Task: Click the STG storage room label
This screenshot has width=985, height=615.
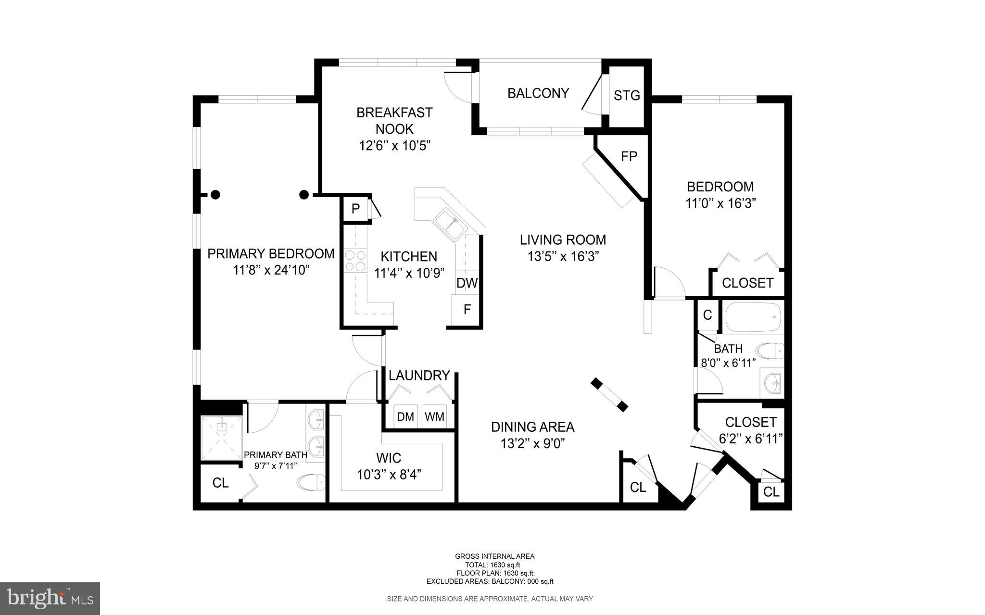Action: tap(627, 96)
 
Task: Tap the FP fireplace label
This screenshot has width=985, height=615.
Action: tap(629, 157)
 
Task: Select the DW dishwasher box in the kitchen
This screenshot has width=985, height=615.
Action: tap(467, 283)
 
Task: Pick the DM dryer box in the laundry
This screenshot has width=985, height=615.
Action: tap(405, 416)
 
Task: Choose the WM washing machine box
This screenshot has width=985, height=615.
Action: tap(434, 416)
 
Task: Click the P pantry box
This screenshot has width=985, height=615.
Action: tap(355, 209)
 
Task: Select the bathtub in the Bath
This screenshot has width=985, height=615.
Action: tap(753, 317)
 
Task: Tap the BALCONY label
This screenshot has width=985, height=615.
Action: tap(538, 93)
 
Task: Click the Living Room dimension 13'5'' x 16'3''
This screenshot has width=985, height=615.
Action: tap(563, 257)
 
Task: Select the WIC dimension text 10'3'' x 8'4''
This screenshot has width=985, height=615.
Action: tap(389, 475)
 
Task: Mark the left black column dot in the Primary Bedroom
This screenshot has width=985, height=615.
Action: tap(216, 195)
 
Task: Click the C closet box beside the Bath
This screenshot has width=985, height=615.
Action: tap(707, 315)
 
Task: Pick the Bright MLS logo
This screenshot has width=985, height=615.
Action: tap(50, 598)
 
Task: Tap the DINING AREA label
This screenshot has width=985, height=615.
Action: tap(532, 427)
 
